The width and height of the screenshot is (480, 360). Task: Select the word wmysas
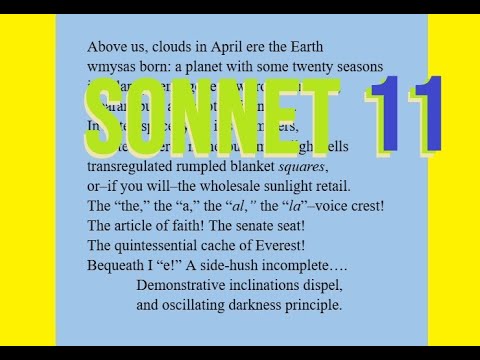click(110, 66)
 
